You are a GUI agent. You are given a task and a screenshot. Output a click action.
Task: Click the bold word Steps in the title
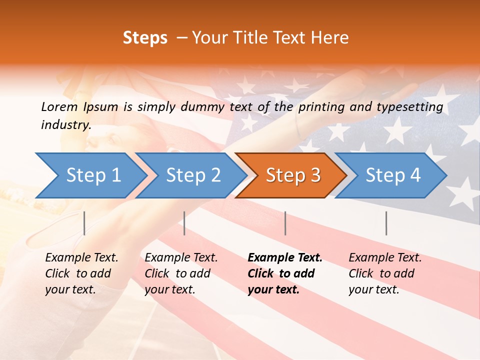(145, 38)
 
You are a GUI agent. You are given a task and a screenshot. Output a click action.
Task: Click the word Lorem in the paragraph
(59, 106)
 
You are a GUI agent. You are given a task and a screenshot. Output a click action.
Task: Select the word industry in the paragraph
(65, 125)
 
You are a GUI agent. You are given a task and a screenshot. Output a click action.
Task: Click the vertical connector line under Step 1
(84, 223)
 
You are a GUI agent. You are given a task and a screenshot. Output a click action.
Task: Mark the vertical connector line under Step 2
(184, 223)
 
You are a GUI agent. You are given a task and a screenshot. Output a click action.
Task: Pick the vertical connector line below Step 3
(285, 223)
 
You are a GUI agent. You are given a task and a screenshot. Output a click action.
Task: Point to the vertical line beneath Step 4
(386, 223)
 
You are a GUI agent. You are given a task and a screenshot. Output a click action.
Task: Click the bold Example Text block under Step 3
(284, 273)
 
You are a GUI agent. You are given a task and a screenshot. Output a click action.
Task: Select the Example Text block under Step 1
(81, 273)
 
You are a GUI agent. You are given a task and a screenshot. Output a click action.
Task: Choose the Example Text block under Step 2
(181, 273)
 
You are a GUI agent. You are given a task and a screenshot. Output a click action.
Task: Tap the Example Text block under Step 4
(385, 273)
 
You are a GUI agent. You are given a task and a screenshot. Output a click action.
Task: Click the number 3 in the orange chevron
(315, 175)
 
